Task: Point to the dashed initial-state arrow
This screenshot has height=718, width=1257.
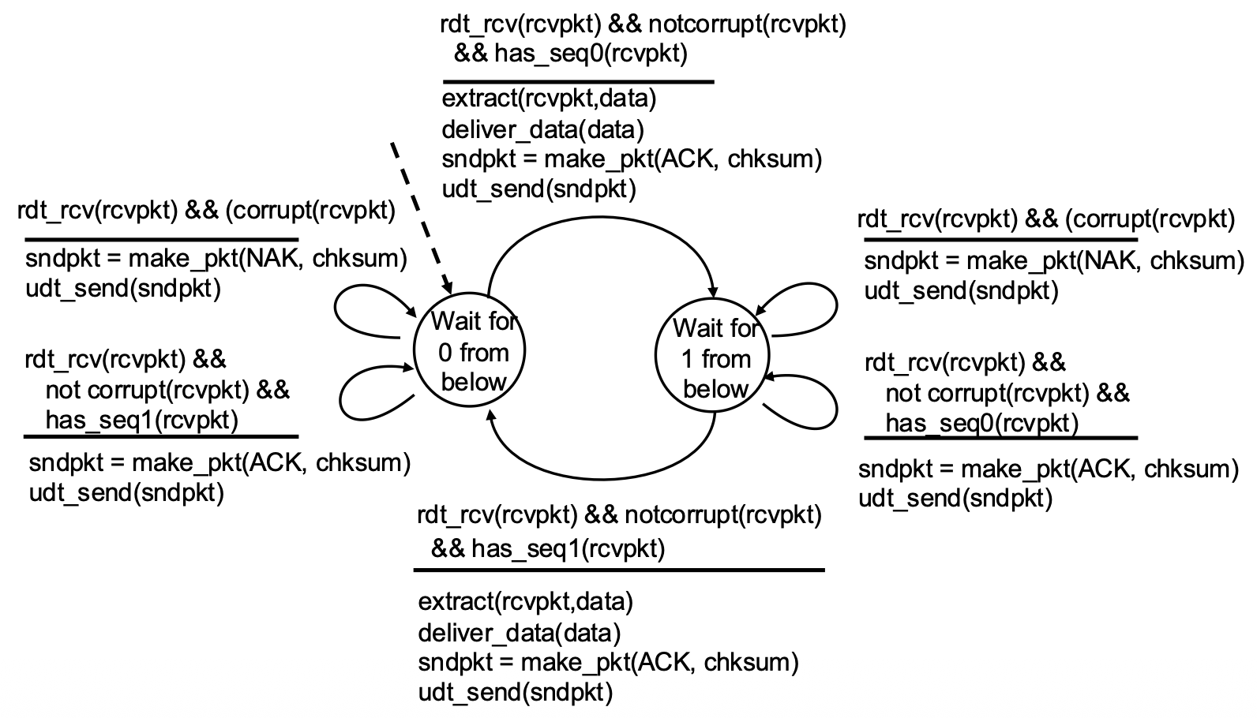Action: [x=422, y=219]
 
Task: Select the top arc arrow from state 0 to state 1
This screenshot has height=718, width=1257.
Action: [x=600, y=217]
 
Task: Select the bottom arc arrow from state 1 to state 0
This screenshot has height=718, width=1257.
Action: [x=600, y=479]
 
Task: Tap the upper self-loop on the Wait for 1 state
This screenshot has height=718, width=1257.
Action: [x=836, y=306]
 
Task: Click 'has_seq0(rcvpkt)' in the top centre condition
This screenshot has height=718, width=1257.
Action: [x=591, y=54]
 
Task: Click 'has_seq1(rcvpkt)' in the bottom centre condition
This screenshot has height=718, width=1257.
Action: [x=568, y=548]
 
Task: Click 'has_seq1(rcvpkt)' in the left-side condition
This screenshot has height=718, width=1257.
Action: [x=142, y=420]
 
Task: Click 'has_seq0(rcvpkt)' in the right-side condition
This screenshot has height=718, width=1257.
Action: [x=982, y=424]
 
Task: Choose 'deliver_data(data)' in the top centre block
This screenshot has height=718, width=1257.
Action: [x=542, y=130]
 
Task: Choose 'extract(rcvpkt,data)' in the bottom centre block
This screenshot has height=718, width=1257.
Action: [x=525, y=602]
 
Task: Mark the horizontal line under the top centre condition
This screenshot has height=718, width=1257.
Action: [x=579, y=82]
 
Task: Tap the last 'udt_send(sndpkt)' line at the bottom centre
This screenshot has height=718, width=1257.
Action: [x=515, y=693]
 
